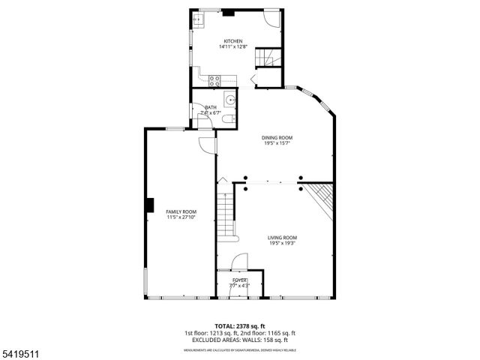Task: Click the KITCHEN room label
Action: [x=233, y=40]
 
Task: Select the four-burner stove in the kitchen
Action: [x=214, y=80]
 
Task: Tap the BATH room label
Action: [x=211, y=107]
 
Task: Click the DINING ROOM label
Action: [x=276, y=137]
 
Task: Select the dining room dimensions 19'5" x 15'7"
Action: [x=276, y=143]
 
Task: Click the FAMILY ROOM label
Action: [x=181, y=211]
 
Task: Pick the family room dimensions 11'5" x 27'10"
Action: [x=181, y=217]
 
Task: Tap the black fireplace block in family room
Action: [x=150, y=205]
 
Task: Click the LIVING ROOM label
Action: [x=282, y=238]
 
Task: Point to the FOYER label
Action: [x=239, y=280]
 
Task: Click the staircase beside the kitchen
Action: [x=268, y=57]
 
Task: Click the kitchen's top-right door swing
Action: [x=272, y=19]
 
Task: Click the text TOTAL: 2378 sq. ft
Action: [x=239, y=326]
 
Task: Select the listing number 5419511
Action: [x=16, y=351]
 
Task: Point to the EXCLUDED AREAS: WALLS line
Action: [x=239, y=340]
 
